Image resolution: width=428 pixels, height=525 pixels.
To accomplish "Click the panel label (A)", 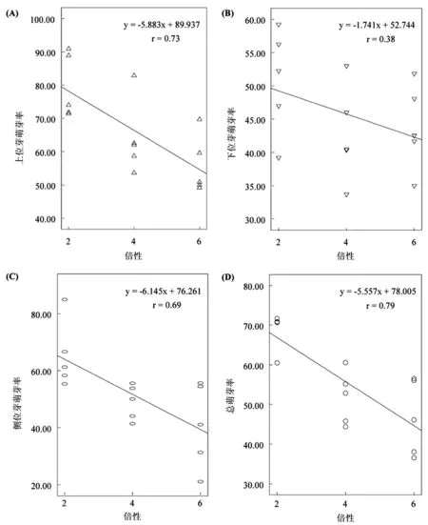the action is tap(11, 13).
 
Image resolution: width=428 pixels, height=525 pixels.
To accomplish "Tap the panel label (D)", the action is tap(227, 277).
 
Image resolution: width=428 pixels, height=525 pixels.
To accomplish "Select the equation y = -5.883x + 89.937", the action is tap(162, 25).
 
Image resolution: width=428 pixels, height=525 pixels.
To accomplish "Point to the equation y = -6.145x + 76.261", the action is tap(164, 292).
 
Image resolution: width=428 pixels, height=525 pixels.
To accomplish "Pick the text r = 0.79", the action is tap(380, 306).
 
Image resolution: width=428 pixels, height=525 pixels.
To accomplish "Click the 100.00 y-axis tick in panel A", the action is tap(43, 19).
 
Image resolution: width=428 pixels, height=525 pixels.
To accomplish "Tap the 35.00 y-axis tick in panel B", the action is tap(255, 187).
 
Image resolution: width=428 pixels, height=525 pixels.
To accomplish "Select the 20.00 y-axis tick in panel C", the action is tap(41, 486).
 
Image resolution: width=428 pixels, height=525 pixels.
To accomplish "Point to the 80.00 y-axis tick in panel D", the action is tap(254, 286).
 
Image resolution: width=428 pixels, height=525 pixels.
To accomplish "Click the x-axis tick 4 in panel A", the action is tap(134, 241).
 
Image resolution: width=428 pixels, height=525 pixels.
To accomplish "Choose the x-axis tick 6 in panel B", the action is tap(414, 242).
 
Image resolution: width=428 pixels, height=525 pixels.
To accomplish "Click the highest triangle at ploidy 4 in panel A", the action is tap(134, 75).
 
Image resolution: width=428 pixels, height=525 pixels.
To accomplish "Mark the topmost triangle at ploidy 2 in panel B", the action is tap(279, 25).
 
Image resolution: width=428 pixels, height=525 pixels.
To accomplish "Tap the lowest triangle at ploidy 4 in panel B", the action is tap(346, 195).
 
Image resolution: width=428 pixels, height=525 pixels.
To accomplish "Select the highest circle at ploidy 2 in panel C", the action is tap(65, 299).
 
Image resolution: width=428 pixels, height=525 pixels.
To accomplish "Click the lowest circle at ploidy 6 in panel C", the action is tap(201, 481).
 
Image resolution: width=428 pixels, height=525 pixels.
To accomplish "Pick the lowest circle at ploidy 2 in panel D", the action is tap(277, 363).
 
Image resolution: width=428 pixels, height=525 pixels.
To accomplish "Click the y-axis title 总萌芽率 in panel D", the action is tap(231, 395).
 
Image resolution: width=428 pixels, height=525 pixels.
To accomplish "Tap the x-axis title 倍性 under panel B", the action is tap(345, 256).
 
